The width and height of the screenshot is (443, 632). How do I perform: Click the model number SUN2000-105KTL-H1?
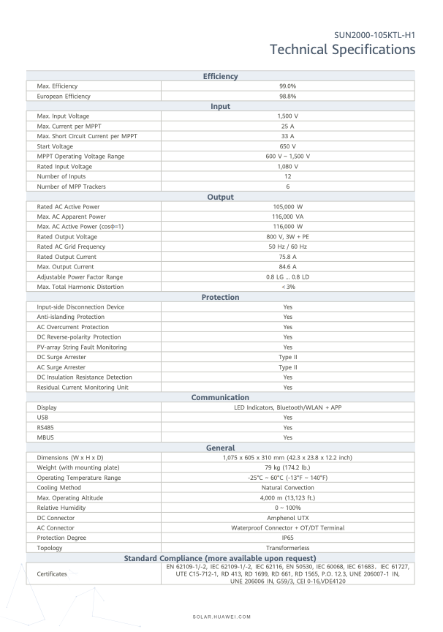tap(374, 34)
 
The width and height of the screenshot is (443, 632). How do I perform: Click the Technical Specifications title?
tap(342, 50)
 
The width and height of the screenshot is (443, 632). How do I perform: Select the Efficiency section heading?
tap(220, 76)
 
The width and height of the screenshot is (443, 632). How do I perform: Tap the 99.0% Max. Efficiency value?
tap(287, 86)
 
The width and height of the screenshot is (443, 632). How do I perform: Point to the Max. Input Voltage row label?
tap(64, 116)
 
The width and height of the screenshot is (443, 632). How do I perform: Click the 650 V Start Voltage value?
tap(287, 146)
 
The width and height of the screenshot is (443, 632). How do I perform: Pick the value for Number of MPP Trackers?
tap(287, 187)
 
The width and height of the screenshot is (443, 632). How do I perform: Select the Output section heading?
tap(220, 197)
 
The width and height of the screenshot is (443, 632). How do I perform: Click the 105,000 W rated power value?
tap(287, 207)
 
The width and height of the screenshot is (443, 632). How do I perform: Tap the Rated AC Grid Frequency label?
tap(70, 247)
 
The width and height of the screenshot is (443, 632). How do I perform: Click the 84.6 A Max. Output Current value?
tap(287, 267)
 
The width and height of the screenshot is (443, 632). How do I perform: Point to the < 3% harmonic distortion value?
tap(287, 287)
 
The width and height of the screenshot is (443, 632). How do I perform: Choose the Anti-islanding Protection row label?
tap(71, 317)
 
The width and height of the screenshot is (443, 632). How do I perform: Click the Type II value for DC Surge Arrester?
tap(287, 357)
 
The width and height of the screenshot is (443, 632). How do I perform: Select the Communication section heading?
tap(220, 397)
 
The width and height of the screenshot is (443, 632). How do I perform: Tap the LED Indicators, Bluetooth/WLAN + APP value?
tap(287, 407)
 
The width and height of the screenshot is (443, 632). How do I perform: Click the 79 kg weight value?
tap(287, 467)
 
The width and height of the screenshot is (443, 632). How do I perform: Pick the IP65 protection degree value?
tap(287, 538)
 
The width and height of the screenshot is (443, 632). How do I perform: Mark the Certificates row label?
tap(52, 574)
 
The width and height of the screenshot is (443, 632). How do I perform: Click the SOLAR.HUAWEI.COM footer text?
tap(221, 617)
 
